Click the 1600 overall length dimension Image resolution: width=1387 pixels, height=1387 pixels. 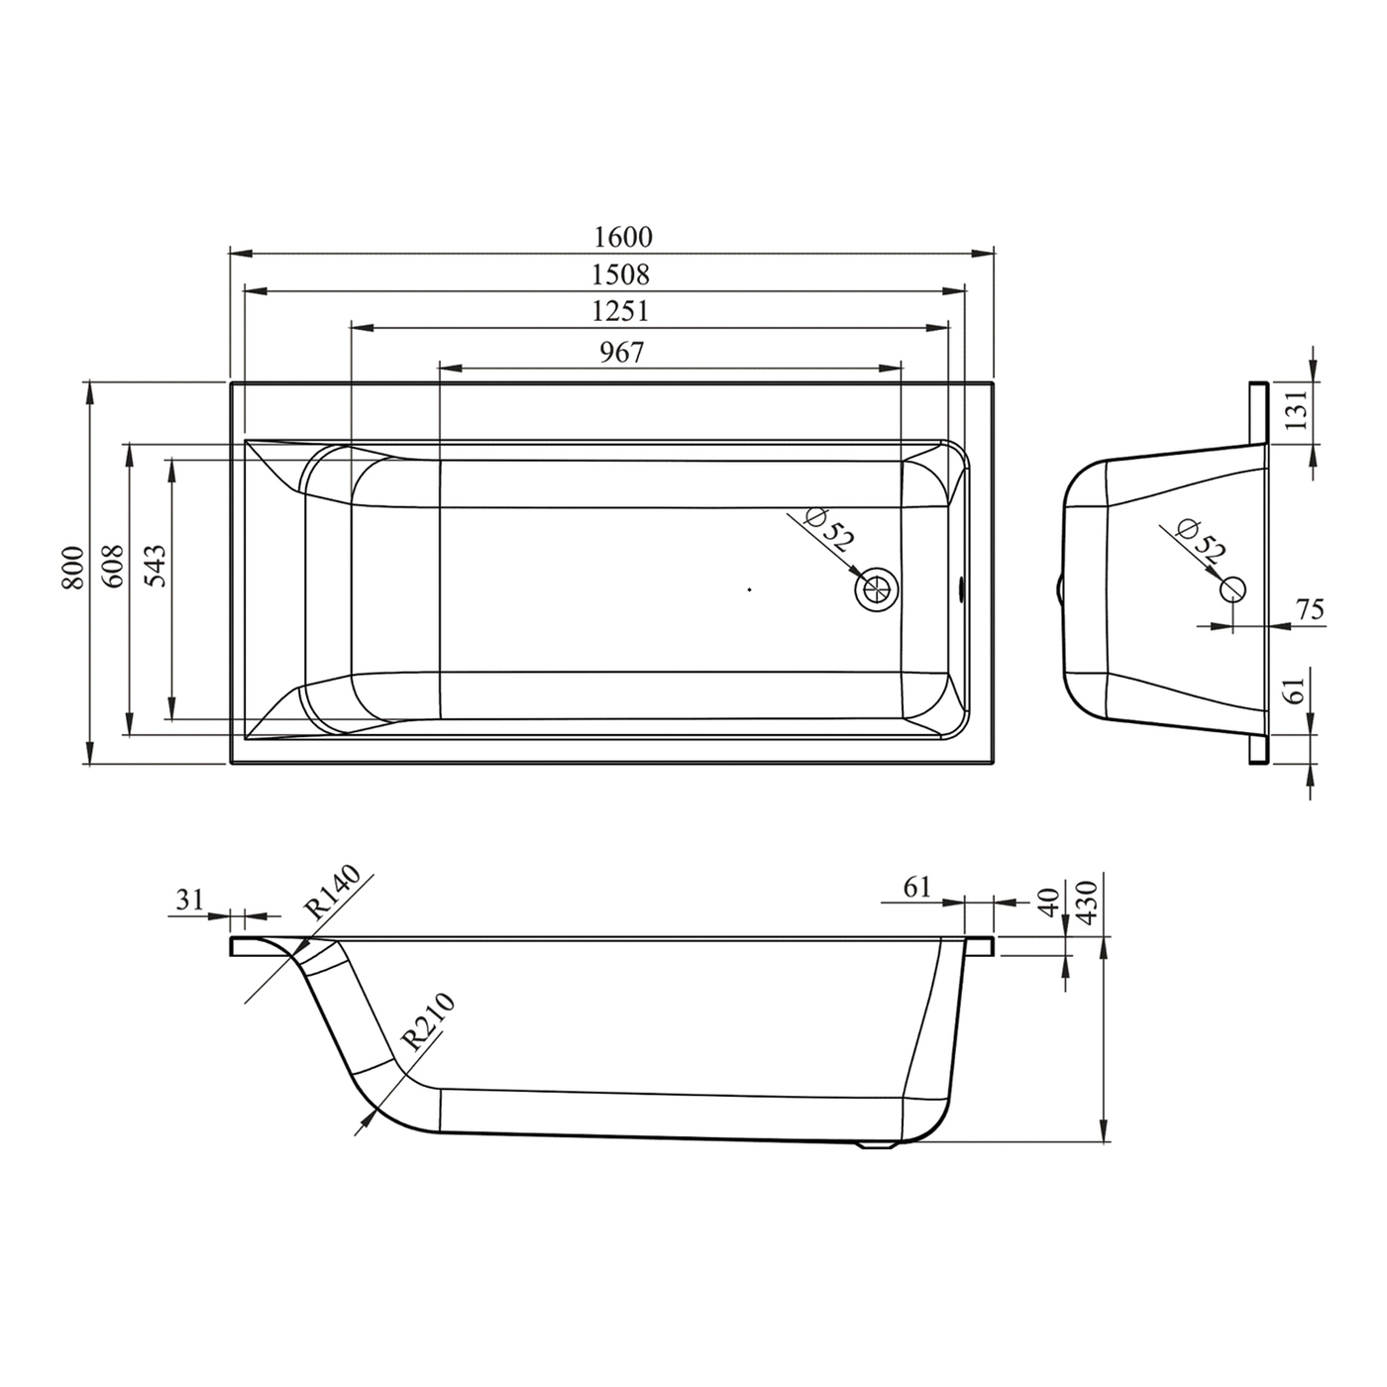(622, 236)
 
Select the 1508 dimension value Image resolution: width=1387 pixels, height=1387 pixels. (620, 274)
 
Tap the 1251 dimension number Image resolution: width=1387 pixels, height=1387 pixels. (620, 311)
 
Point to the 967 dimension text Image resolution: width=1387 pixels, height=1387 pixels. (622, 352)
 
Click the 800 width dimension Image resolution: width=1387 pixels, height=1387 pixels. (72, 569)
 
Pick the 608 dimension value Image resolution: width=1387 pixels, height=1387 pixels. (113, 568)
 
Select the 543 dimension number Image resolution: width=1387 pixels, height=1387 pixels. (156, 567)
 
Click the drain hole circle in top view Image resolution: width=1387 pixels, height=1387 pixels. (878, 589)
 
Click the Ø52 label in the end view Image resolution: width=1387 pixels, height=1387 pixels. (1200, 541)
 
